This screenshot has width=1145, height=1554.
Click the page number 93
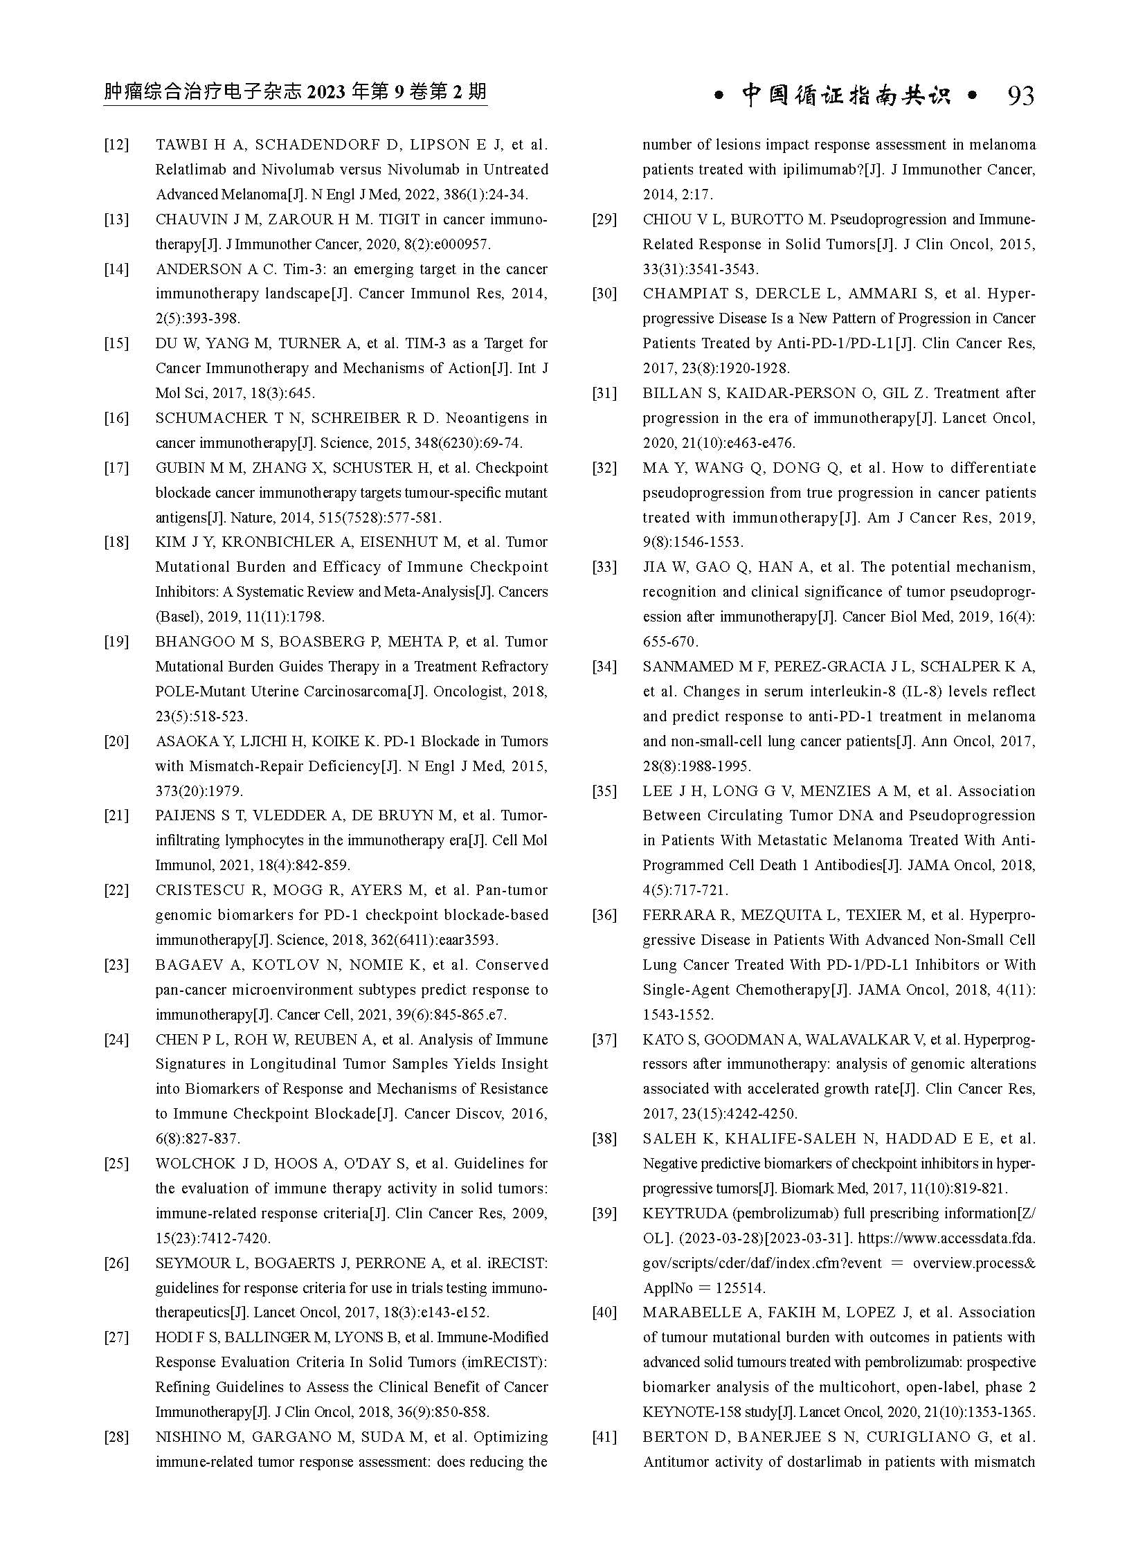1020,96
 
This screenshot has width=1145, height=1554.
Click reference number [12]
116,145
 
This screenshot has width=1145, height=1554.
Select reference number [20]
116,741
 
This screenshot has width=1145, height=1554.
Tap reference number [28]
116,1437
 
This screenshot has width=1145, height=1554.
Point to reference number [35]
604,791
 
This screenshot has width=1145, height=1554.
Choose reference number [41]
604,1437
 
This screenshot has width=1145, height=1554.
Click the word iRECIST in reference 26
519,1263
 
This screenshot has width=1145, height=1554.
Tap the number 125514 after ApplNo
741,1288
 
